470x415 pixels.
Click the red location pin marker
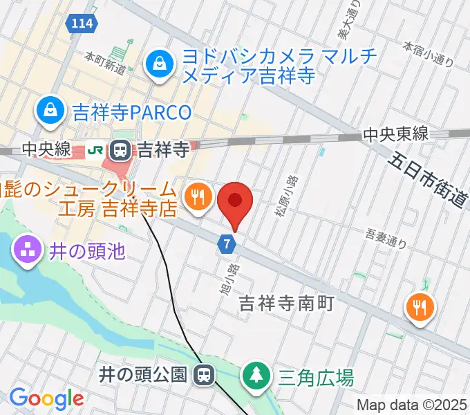(x=235, y=201)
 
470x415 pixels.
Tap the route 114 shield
(x=81, y=24)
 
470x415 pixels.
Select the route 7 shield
(x=227, y=243)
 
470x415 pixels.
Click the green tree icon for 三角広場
(x=256, y=377)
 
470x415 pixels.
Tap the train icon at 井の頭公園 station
(x=203, y=376)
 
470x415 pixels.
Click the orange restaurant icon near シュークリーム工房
(x=198, y=198)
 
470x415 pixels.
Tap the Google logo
(x=46, y=398)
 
